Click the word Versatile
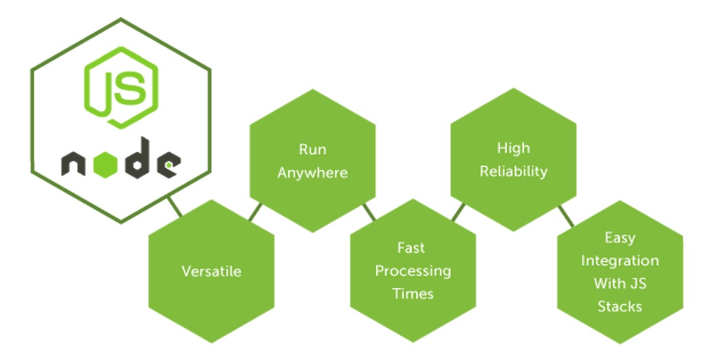click(211, 271)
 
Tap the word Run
click(312, 150)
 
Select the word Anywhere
click(312, 173)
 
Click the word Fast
click(411, 248)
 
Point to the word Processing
click(413, 271)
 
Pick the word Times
click(413, 294)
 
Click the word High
click(513, 148)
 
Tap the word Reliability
click(513, 171)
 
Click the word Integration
click(620, 261)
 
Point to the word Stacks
click(620, 307)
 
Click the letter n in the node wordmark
click(74, 164)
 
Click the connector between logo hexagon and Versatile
click(175, 207)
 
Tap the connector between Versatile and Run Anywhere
click(255, 212)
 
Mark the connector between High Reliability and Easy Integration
click(566, 215)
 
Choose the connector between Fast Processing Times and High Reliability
click(458, 212)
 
